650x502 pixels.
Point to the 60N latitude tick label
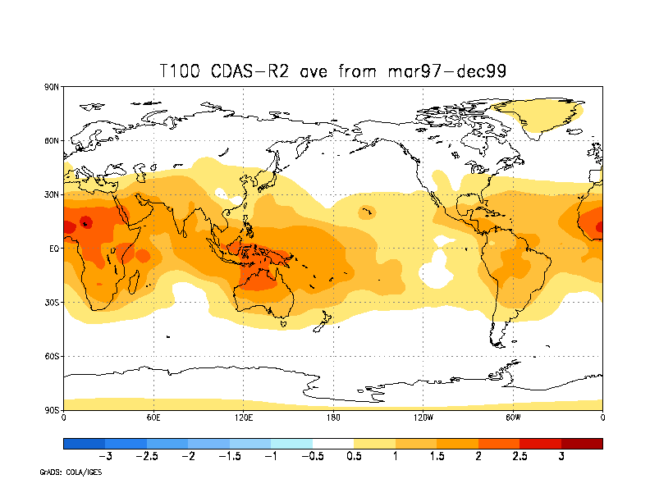click(52, 140)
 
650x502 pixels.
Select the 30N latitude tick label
click(52, 194)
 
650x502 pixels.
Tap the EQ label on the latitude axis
click(53, 249)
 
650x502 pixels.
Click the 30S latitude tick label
click(52, 302)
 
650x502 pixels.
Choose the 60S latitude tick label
click(52, 356)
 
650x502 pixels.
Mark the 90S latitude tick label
click(52, 409)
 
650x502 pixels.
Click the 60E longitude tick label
click(153, 418)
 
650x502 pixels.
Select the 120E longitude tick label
click(243, 418)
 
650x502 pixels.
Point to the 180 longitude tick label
click(333, 418)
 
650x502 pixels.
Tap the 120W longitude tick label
click(423, 418)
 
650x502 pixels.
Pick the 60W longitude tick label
click(513, 418)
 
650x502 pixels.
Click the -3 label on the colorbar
click(104, 456)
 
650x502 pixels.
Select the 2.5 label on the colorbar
click(519, 456)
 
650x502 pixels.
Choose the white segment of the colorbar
click(332, 444)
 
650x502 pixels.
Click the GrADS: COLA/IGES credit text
click(71, 472)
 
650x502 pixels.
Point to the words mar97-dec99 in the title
click(446, 71)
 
